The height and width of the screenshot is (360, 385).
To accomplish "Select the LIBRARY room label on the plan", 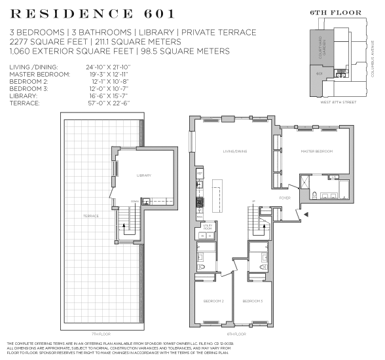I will coord(144,175).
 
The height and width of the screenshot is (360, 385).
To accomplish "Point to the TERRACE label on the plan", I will coord(90,216).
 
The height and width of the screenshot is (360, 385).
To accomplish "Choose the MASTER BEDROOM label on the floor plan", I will coord(317,151).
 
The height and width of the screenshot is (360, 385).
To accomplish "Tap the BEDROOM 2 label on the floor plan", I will coord(214,300).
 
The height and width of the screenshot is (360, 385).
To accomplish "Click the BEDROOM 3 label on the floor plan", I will coord(252,300).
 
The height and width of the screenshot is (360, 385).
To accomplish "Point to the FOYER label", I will coord(285,197).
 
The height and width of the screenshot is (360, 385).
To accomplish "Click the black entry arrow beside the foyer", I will coord(305,214).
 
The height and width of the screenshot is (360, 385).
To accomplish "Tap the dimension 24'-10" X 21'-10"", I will coord(108,67).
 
